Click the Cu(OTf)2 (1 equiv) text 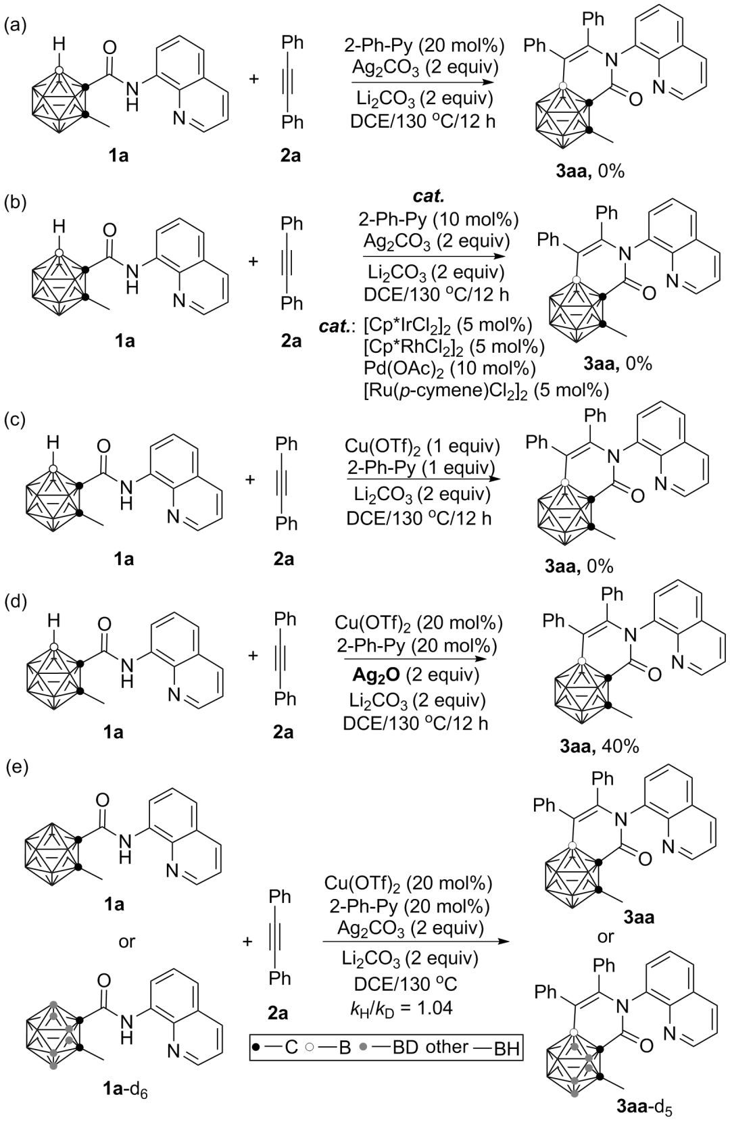click(x=422, y=447)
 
